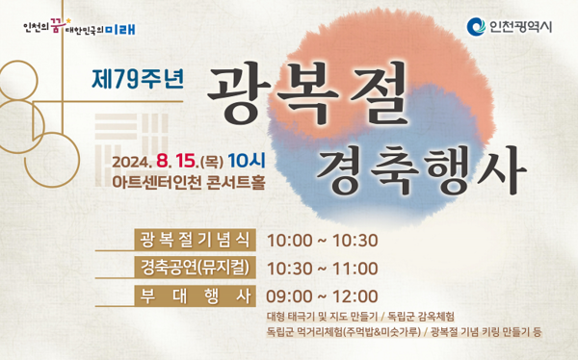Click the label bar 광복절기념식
pyautogui.click(x=196, y=240)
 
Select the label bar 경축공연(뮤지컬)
pyautogui.click(x=196, y=268)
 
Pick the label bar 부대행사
pyautogui.click(x=196, y=295)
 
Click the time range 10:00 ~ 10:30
pyautogui.click(x=322, y=241)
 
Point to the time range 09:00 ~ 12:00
pyautogui.click(x=322, y=296)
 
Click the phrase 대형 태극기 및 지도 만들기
pyautogui.click(x=323, y=316)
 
